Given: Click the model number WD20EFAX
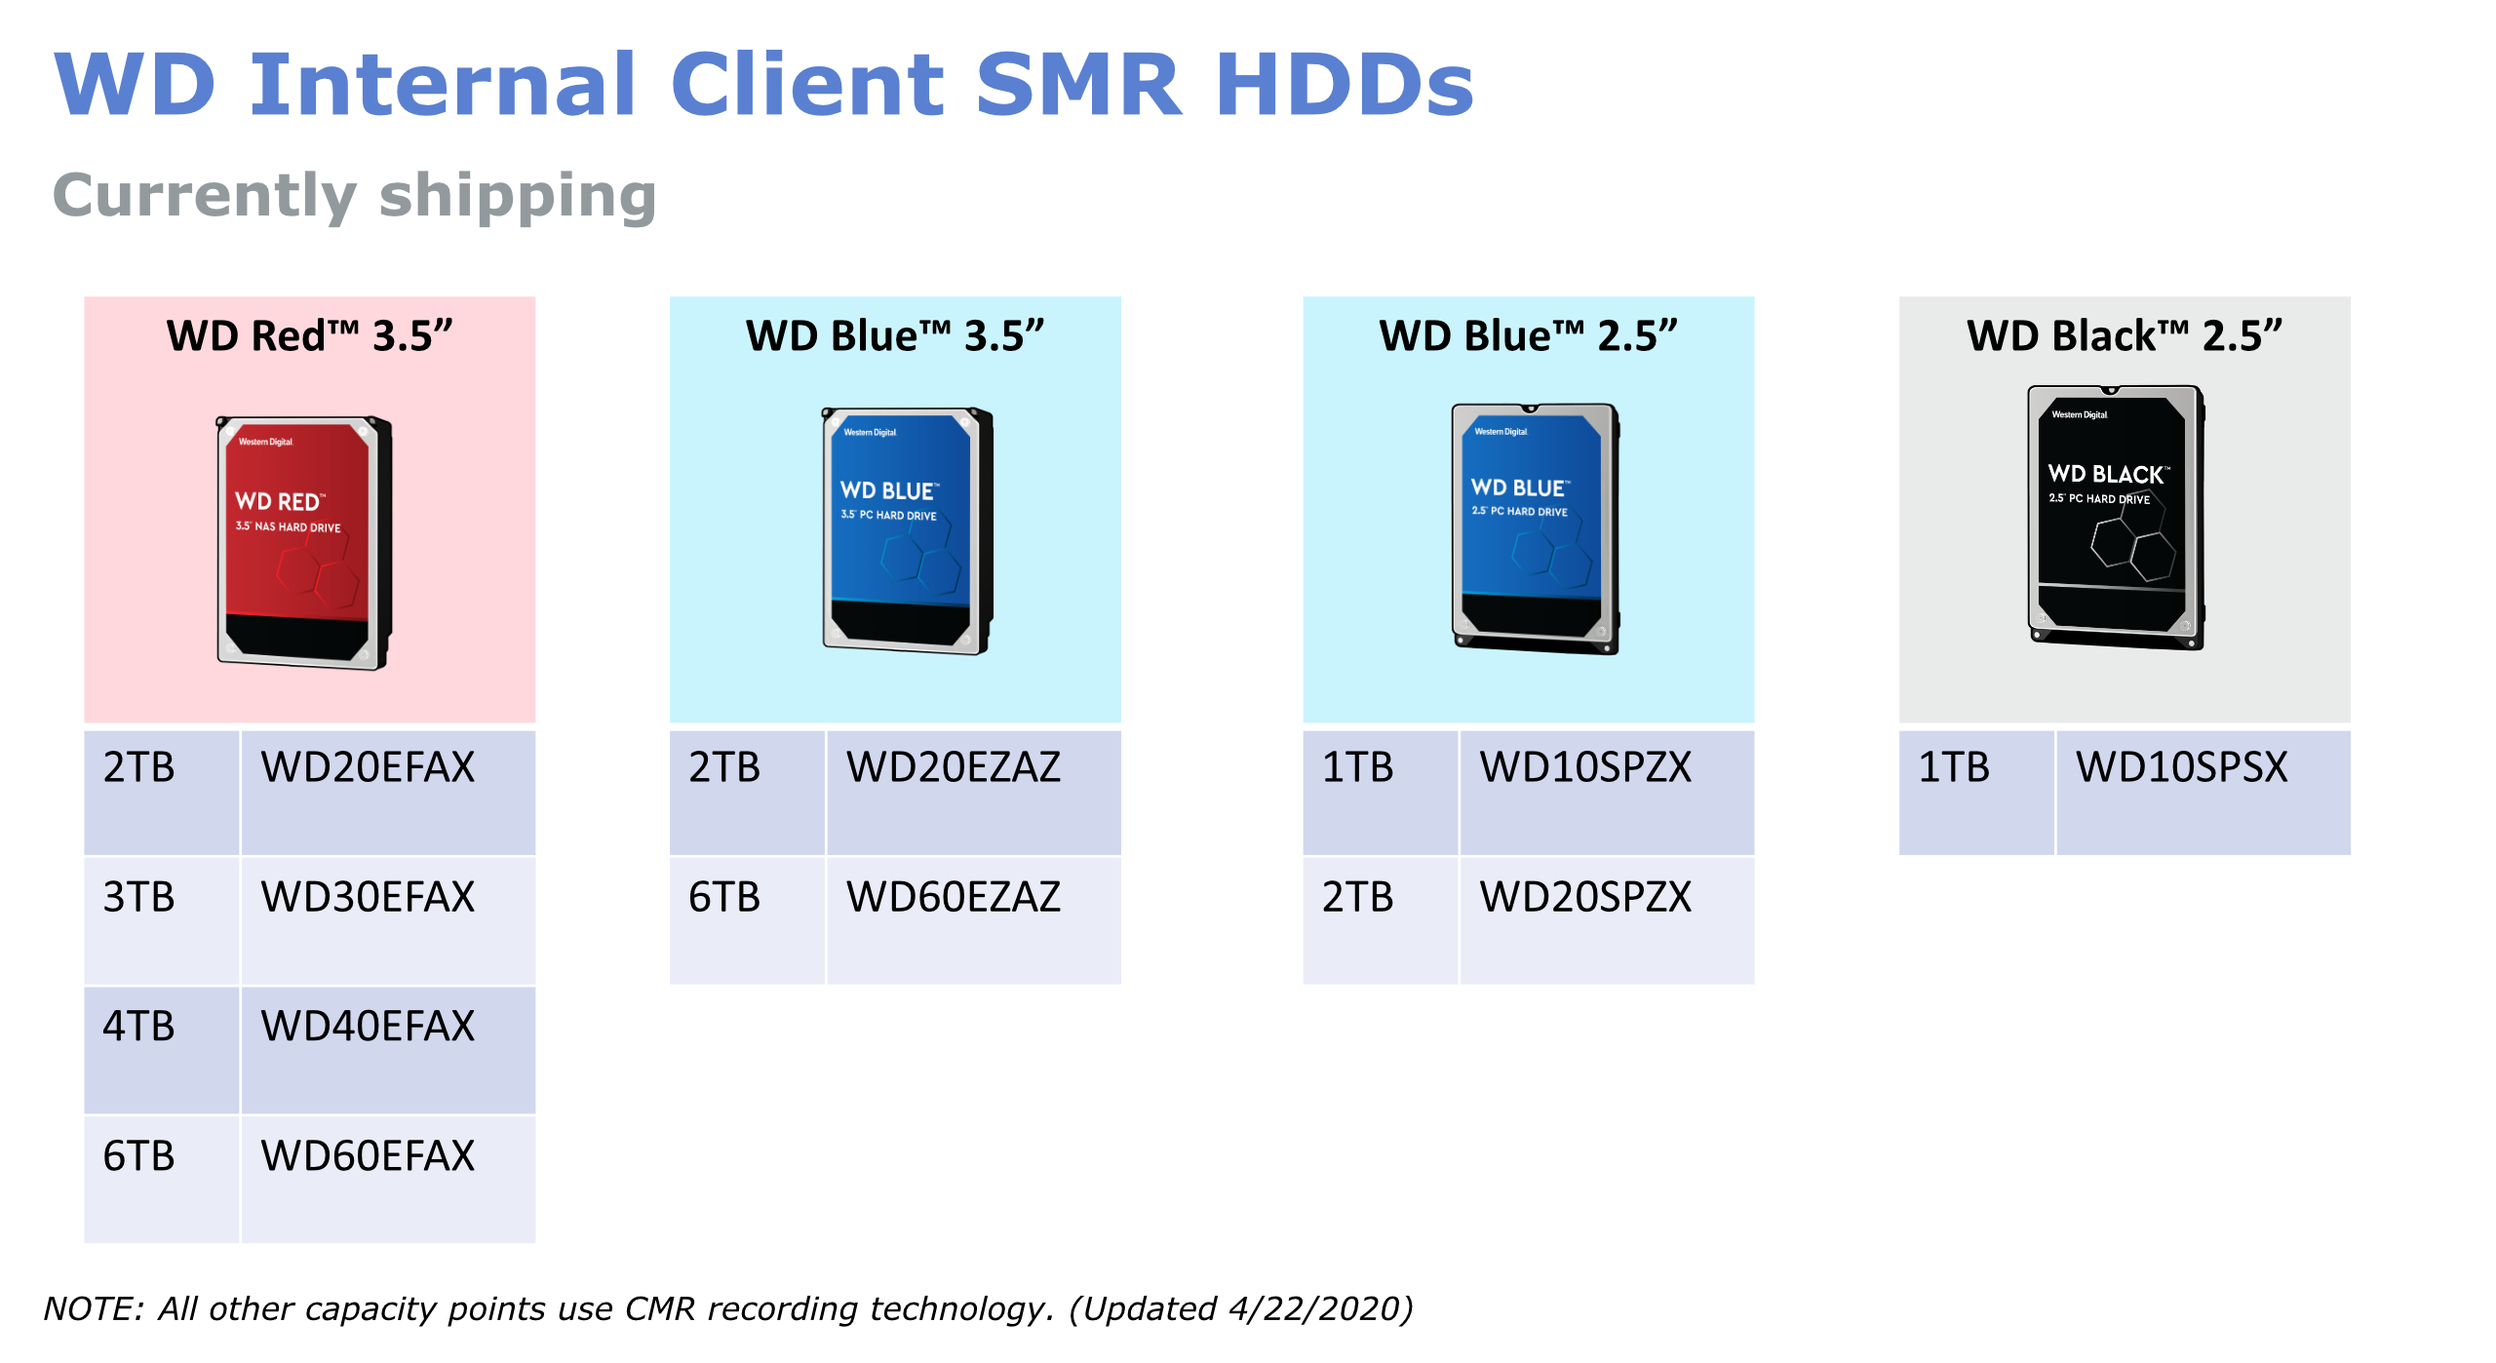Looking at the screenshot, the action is pos(368,767).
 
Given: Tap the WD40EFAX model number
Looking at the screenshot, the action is pos(368,1027).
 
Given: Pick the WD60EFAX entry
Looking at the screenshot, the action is pos(368,1156).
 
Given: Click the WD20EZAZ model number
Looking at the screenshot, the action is pos(954,767).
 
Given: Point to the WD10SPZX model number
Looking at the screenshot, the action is pos(1586,767).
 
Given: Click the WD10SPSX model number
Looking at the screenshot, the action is pos(2182,767).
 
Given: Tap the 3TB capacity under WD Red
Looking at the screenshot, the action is pos(139,897).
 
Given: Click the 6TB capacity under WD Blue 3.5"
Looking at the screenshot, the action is pos(724,897).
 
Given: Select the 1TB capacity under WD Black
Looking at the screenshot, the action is pos(1954,767).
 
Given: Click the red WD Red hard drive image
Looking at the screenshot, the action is pos(304,542).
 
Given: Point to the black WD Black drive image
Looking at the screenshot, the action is pos(2117,518).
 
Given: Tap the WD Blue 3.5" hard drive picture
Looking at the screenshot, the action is pos(908,530).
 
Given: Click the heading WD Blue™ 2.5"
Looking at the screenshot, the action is pos(1528,335).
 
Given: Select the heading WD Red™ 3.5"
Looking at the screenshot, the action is pos(310,335).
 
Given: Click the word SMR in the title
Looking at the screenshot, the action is pos(1079,85).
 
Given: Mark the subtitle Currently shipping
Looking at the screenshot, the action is pos(355,196).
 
